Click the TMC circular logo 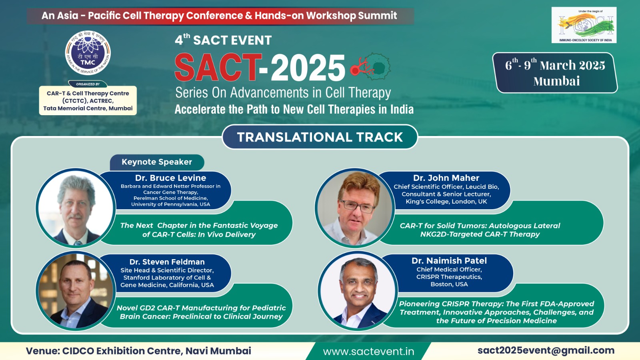(x=88, y=53)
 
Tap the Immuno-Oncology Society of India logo (x=584, y=25)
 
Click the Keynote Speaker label (x=157, y=162)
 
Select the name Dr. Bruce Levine (x=170, y=178)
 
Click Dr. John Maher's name (x=446, y=178)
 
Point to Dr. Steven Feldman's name (x=167, y=262)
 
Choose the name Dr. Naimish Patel (x=449, y=261)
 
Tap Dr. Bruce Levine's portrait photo (x=76, y=208)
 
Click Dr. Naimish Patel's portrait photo (x=358, y=291)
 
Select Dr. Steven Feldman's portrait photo (x=76, y=291)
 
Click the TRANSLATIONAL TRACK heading (x=320, y=137)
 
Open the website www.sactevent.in (x=368, y=352)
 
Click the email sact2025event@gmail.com (x=546, y=350)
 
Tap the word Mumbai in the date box (x=556, y=81)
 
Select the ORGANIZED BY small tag (x=88, y=84)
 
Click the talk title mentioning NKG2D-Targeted (x=480, y=230)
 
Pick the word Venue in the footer (x=42, y=351)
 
